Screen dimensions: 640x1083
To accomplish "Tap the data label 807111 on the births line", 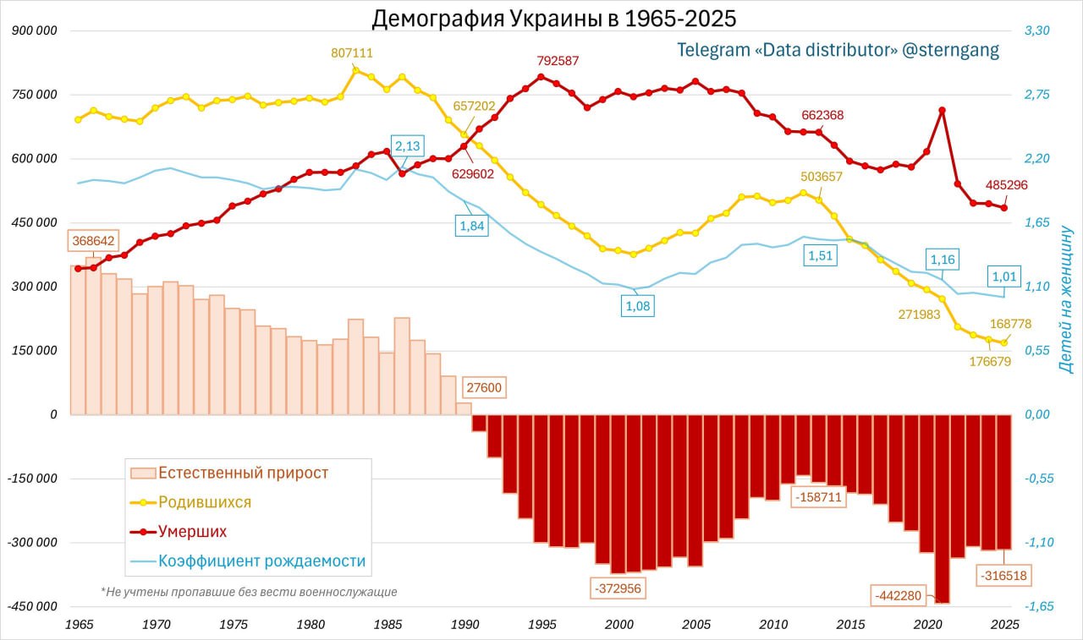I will pos(352,52).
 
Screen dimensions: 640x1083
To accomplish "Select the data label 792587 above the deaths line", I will pos(558,61).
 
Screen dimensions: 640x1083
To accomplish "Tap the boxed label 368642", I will pos(93,240).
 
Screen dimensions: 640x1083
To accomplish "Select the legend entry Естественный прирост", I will pos(243,473).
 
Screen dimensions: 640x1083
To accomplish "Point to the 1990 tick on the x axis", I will pos(465,625).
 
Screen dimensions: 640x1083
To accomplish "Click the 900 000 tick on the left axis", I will pos(35,30).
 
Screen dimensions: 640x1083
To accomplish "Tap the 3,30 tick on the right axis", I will pos(1036,30).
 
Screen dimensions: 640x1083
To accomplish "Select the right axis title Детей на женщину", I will pos(1065,299).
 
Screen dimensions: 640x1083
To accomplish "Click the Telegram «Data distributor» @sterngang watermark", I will pos(838,50).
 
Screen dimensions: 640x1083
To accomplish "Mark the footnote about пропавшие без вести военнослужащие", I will pos(249,592).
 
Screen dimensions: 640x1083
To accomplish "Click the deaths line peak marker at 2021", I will pos(942,111).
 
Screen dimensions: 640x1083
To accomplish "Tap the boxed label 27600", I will pos(485,389).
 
